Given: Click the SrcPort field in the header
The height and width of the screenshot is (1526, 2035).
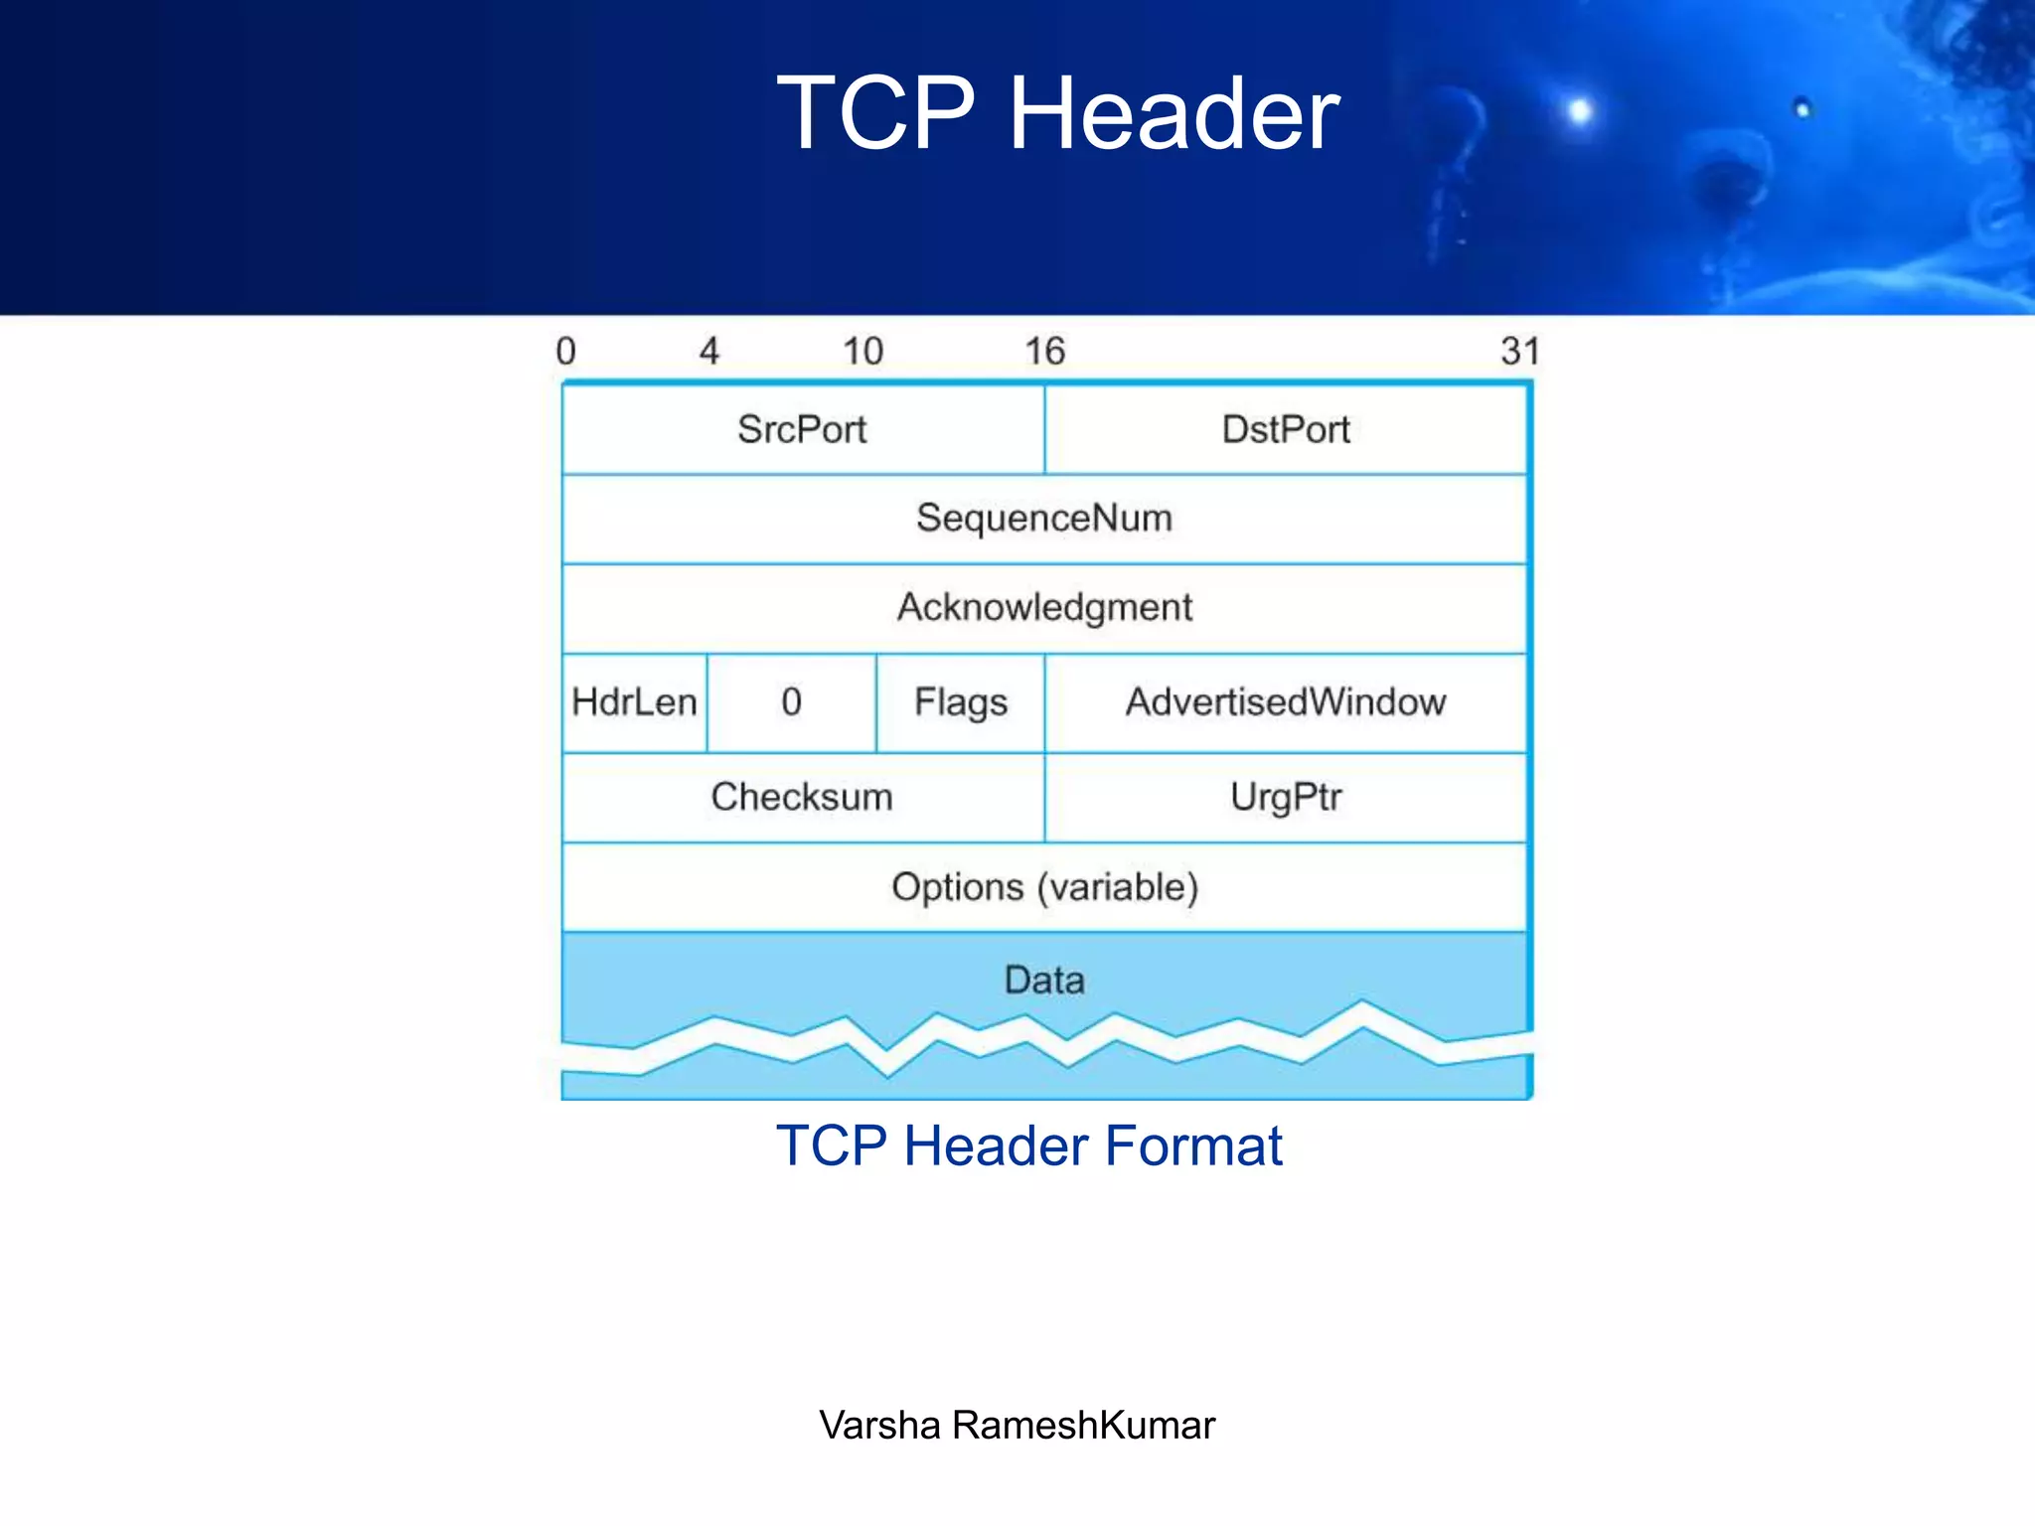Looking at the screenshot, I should (x=802, y=429).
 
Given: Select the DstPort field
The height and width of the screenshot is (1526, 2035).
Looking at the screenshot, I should (x=1285, y=429).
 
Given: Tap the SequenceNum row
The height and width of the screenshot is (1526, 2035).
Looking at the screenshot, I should (x=1043, y=518).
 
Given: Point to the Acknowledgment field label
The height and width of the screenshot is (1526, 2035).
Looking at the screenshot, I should (x=1043, y=607).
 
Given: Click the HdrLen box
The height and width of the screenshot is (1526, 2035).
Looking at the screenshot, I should (x=634, y=702).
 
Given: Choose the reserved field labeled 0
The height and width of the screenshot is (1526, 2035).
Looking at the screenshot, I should (x=791, y=702).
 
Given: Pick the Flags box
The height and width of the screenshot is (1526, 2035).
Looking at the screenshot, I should (x=960, y=702).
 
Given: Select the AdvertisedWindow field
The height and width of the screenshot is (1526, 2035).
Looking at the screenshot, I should (x=1285, y=702).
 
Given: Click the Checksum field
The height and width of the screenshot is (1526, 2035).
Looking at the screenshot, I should (x=802, y=797).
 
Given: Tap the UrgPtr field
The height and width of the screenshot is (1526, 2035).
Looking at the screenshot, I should (x=1285, y=797).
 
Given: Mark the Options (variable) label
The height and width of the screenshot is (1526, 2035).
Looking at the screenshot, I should (x=1044, y=887).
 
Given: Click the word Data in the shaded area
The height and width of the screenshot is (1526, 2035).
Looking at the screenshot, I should (x=1043, y=981).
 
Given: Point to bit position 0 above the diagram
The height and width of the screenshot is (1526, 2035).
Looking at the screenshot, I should (x=565, y=351).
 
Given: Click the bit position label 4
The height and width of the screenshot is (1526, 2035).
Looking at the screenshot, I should (x=708, y=351).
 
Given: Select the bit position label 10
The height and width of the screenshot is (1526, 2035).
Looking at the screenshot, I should (x=862, y=351).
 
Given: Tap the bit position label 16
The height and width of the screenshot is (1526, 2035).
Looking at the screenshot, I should (x=1044, y=351).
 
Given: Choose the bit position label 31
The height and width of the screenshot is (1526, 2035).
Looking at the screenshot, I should (x=1519, y=351).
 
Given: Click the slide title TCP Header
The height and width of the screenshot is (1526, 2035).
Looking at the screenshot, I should (x=1057, y=113).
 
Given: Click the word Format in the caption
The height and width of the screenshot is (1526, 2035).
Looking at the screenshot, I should (x=1193, y=1145).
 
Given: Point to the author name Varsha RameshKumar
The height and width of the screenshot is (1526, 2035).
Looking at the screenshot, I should (x=1017, y=1425).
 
